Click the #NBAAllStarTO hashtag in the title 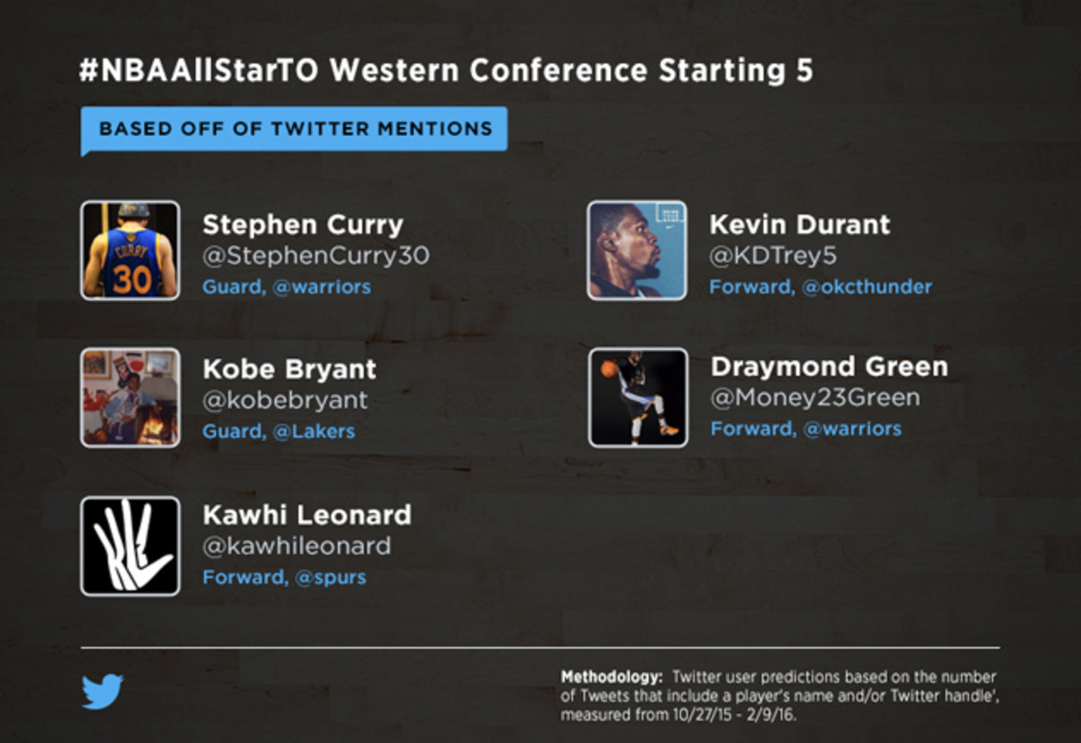click(x=199, y=70)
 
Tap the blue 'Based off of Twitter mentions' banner click(x=294, y=130)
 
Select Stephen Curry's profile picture click(x=131, y=250)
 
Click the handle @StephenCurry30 click(x=315, y=256)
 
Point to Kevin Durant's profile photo click(x=637, y=250)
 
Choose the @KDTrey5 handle click(x=773, y=256)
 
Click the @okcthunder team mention click(x=867, y=287)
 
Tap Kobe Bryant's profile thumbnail click(x=131, y=397)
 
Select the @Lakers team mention click(x=313, y=431)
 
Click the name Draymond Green click(x=829, y=367)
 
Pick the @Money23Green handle click(x=815, y=398)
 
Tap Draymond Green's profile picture click(x=638, y=397)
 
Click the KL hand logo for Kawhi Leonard click(x=131, y=546)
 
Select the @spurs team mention click(x=331, y=577)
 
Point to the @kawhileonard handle click(x=296, y=546)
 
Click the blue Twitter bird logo click(x=103, y=692)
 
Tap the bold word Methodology click(x=612, y=677)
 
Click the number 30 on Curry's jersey click(x=132, y=279)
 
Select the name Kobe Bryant click(x=289, y=369)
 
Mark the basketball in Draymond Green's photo click(x=609, y=369)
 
